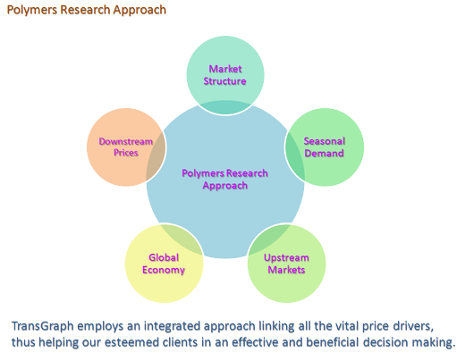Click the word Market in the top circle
225,69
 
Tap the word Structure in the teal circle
225,81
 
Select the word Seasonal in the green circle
325,141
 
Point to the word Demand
325,154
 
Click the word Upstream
286,258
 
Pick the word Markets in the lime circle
286,270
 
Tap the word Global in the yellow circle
164,257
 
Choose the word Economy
164,271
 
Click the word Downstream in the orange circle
126,141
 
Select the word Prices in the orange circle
126,153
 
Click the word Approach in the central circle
225,186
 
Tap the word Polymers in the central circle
203,173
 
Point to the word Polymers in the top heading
32,10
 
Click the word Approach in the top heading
139,11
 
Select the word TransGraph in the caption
42,326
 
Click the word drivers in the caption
413,326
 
